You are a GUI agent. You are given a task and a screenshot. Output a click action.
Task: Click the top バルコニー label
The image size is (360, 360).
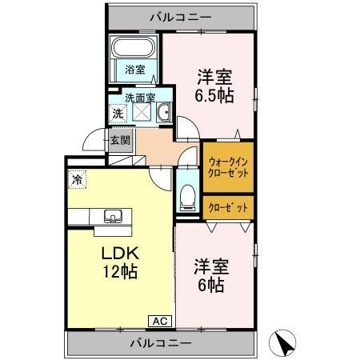(x=180, y=15)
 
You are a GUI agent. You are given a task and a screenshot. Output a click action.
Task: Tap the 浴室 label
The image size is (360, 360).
(x=134, y=70)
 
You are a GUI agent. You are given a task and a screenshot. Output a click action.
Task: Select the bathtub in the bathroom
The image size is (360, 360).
(x=135, y=49)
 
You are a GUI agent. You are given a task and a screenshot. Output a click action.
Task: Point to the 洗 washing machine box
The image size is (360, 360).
(x=118, y=114)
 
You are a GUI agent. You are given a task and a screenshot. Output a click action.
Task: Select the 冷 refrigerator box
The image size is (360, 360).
(x=78, y=180)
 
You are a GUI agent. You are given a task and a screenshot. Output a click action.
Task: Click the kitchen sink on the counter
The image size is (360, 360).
(x=110, y=216)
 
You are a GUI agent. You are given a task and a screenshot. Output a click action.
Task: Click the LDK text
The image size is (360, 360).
(x=118, y=253)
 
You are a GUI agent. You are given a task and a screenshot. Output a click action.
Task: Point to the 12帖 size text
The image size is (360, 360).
(x=118, y=271)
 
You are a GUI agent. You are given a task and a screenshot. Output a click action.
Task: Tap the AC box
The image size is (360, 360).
(x=159, y=321)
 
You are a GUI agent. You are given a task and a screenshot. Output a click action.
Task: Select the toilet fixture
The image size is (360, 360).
(x=186, y=195)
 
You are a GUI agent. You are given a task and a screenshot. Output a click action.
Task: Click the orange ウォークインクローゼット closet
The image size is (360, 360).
(x=228, y=165)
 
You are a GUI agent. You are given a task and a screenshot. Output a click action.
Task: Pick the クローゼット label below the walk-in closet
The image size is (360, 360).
(x=228, y=206)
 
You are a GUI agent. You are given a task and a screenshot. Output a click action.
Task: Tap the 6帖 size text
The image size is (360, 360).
(x=210, y=285)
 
